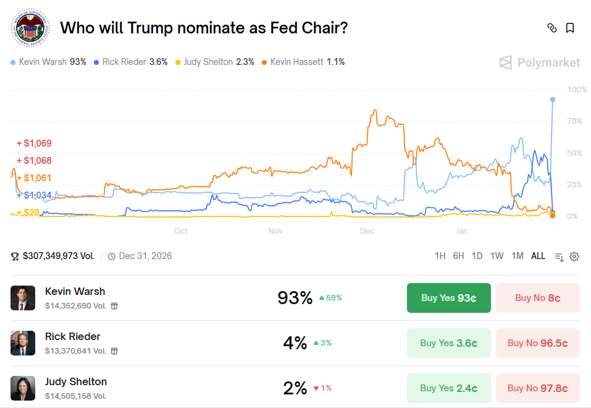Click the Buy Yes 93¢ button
tap(448, 298)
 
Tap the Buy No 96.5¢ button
tap(537, 343)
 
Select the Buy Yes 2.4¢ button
tap(448, 388)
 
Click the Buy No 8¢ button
tap(537, 298)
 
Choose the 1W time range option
tap(497, 256)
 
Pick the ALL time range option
tap(538, 256)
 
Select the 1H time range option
tap(440, 256)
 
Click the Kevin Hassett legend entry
tap(303, 62)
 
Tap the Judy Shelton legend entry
tap(214, 62)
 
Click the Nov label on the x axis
tap(275, 231)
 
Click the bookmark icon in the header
tap(570, 28)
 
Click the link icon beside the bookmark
tap(552, 28)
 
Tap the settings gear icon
tap(574, 257)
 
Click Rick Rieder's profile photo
tap(23, 343)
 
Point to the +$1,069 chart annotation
tap(34, 143)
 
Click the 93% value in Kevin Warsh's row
tap(295, 298)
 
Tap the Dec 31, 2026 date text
tap(145, 256)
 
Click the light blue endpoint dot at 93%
tap(552, 100)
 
